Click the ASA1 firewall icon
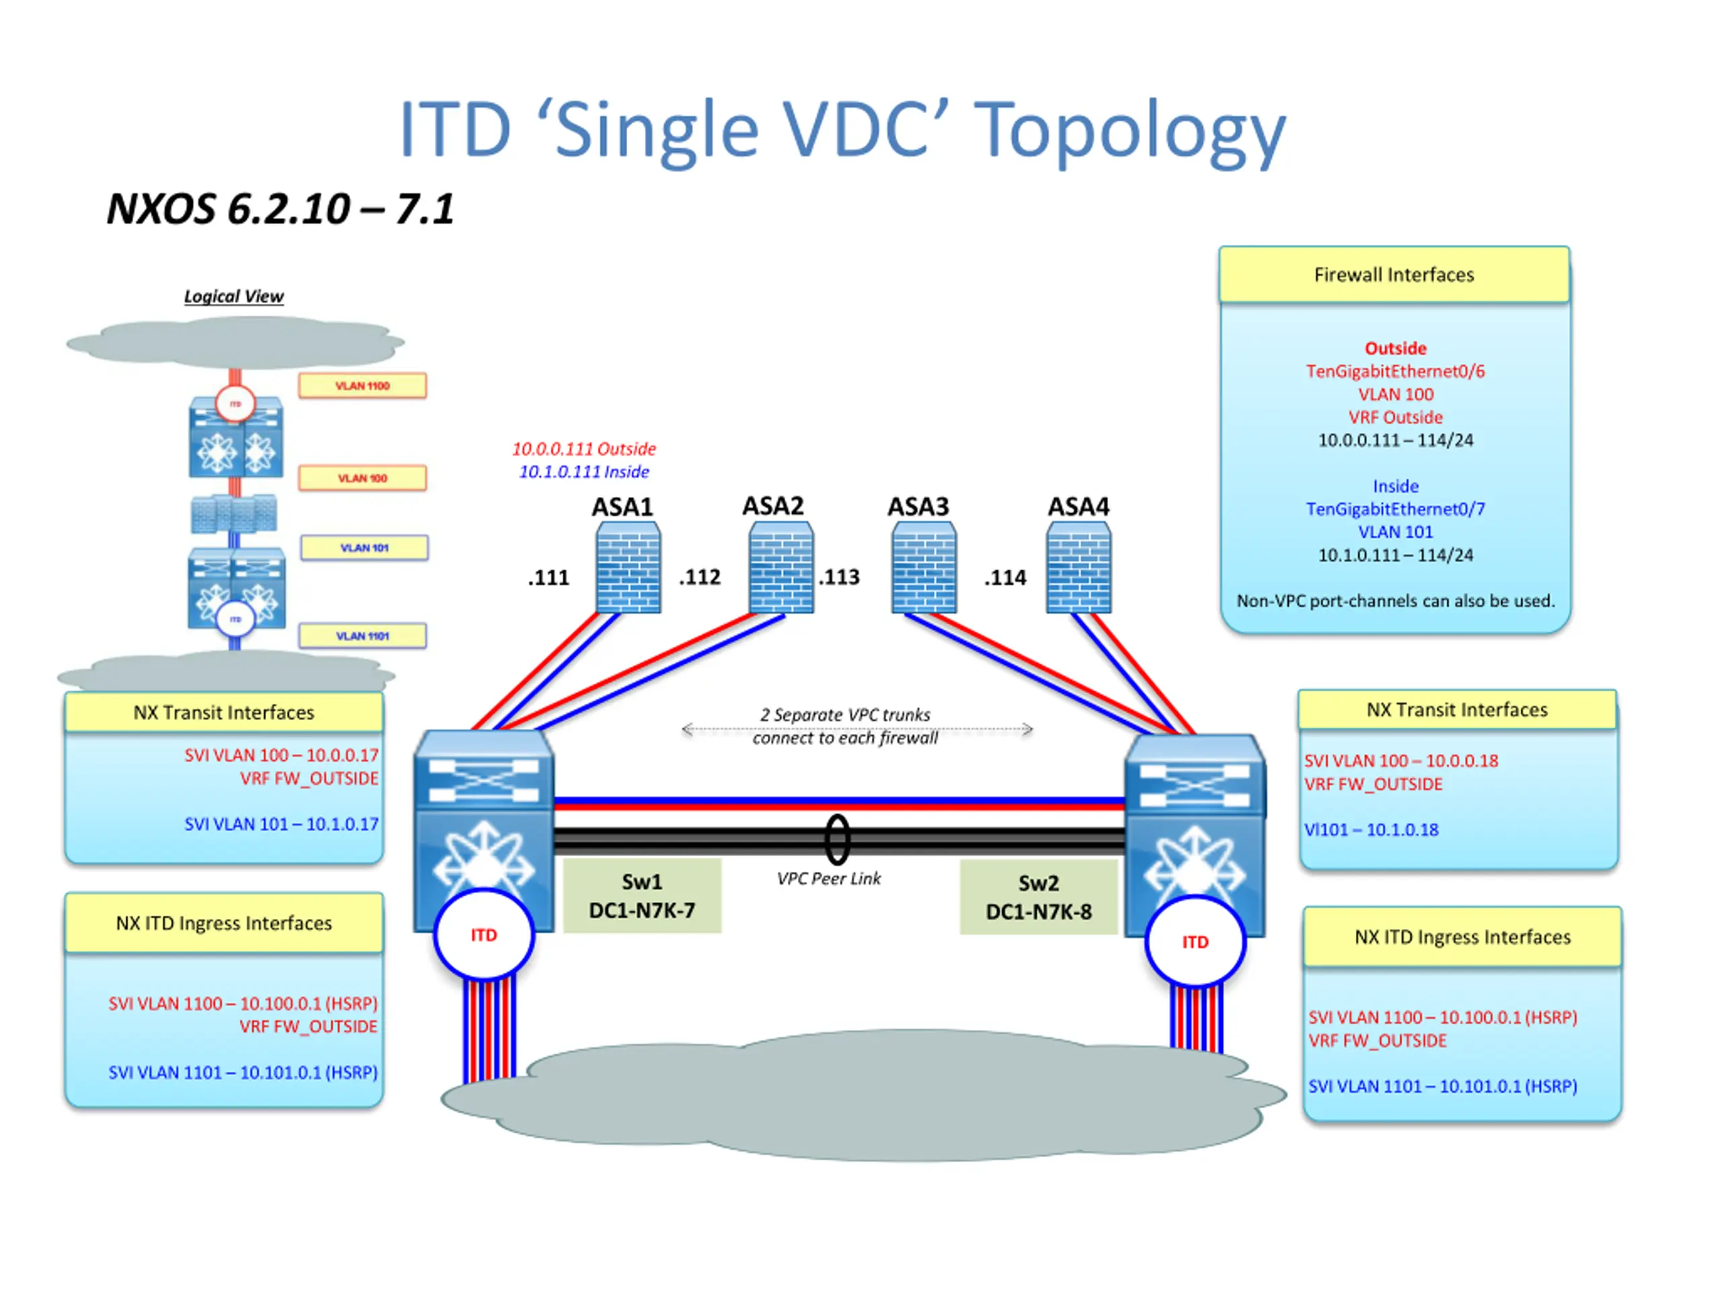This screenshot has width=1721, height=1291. tap(628, 568)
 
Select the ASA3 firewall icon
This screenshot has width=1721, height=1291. tap(924, 568)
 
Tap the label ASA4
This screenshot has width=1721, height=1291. tap(1078, 506)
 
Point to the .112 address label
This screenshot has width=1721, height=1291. tap(699, 577)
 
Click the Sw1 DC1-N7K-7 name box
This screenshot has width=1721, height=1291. tap(642, 896)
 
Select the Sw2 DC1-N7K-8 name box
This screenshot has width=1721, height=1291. tap(1039, 897)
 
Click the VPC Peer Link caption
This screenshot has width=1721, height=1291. tap(829, 879)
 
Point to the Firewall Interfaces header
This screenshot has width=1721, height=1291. tap(1394, 275)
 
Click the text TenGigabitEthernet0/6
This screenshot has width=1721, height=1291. tap(1395, 371)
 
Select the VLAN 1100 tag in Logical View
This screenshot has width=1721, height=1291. tap(362, 386)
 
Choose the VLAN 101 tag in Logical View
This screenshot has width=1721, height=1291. tap(364, 548)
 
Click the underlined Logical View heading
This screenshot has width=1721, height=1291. tap(233, 297)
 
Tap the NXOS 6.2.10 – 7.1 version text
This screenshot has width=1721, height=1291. tap(280, 208)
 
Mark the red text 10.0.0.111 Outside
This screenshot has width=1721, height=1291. tap(584, 449)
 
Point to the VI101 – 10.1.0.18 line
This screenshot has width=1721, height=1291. tap(1371, 830)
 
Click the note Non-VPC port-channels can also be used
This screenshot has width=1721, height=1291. tap(1395, 600)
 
